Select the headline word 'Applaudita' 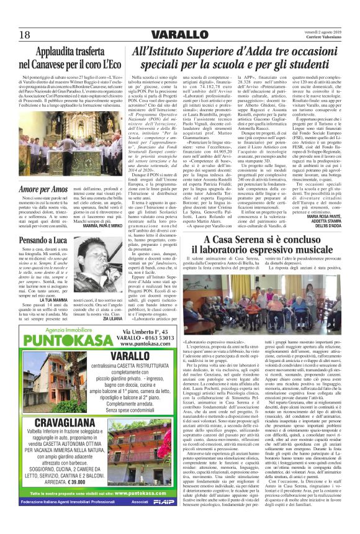(58, 52)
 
